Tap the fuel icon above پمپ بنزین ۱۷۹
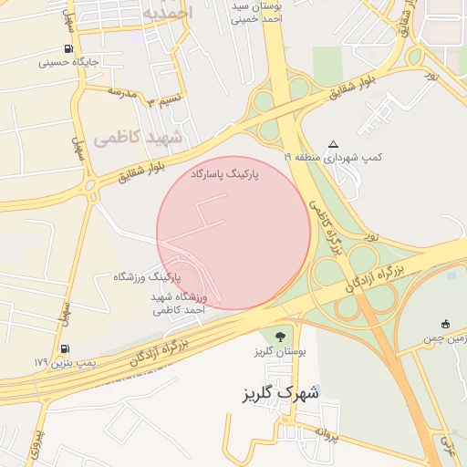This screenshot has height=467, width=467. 64,348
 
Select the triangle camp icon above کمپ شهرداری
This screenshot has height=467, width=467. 333,144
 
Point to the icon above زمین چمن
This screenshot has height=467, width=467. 445,324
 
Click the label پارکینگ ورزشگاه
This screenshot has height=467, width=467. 147,275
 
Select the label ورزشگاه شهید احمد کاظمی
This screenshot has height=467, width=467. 179,304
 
